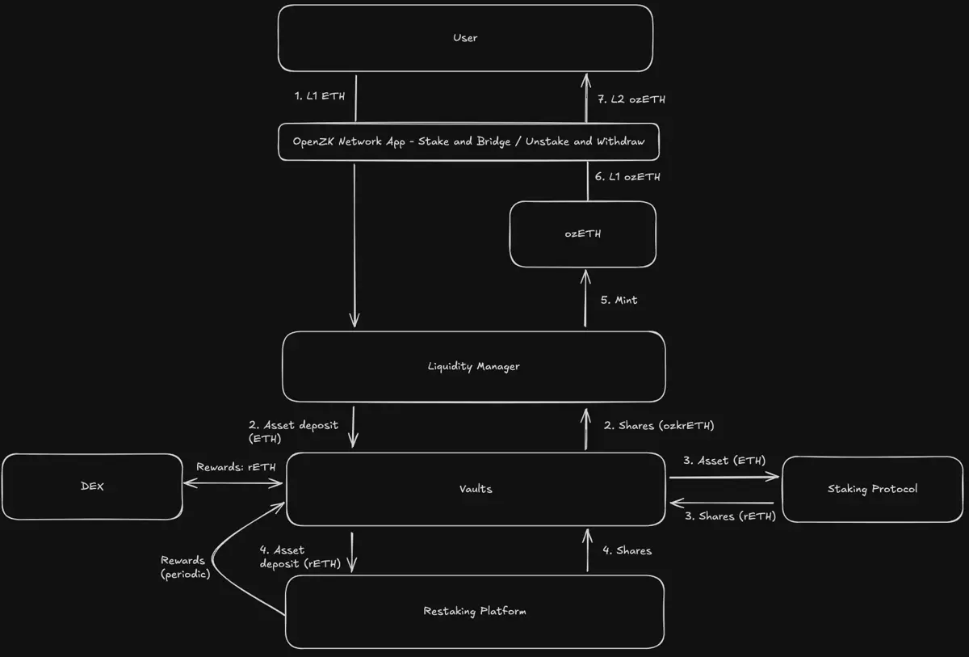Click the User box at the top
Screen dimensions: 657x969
[465, 38]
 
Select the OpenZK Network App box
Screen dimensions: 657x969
[468, 141]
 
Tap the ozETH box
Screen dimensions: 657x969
[582, 234]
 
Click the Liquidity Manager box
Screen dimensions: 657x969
[473, 366]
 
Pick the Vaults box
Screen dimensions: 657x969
[476, 489]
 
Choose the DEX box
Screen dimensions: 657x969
[91, 486]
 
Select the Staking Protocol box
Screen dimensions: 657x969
[872, 488]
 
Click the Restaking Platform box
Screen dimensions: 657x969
[474, 611]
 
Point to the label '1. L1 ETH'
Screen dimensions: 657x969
[320, 96]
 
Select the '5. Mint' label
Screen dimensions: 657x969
[619, 300]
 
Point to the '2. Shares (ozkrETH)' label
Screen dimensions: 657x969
[658, 426]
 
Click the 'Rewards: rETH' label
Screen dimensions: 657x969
[236, 467]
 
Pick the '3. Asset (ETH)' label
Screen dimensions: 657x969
[724, 461]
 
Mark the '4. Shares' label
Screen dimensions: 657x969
[627, 550]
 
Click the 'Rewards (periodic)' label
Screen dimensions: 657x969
[184, 567]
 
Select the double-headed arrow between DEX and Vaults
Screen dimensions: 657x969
[233, 483]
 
